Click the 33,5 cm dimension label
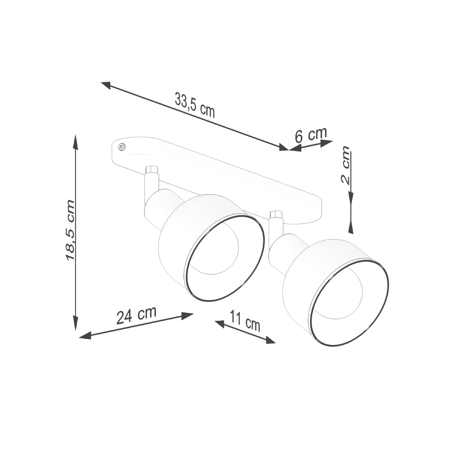195,105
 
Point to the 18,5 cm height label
70,230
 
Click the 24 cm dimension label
136,315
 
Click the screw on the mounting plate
123,146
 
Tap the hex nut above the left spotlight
152,170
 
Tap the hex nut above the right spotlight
276,215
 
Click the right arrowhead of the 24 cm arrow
189,315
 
